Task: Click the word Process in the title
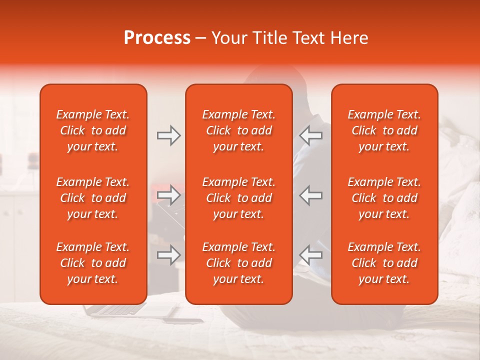157,38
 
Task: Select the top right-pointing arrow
168,135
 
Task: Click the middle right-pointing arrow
168,195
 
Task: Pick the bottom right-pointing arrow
168,255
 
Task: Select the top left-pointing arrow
310,135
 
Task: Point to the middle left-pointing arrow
310,195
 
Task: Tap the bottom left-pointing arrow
310,255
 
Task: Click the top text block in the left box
93,130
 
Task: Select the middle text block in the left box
93,198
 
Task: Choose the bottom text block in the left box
93,263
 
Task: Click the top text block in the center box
238,130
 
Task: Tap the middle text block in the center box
238,198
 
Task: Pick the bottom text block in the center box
238,263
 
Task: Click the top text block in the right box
384,130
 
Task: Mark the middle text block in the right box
384,198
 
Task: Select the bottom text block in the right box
384,263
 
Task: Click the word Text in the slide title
310,38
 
